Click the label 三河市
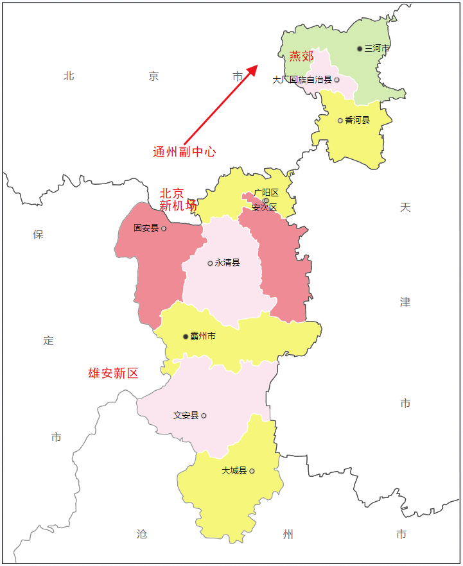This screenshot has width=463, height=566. [377, 49]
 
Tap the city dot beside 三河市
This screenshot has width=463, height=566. [360, 49]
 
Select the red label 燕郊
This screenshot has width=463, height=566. [301, 56]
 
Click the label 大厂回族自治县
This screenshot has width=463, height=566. [302, 80]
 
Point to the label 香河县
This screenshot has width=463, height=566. [357, 120]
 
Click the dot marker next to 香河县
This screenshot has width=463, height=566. [340, 120]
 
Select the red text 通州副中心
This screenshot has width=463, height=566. [184, 152]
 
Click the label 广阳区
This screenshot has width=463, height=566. [266, 193]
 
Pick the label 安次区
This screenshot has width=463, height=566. [264, 207]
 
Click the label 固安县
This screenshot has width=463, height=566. [146, 228]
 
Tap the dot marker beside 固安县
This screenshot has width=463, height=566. [164, 228]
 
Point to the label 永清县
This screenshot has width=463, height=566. [227, 262]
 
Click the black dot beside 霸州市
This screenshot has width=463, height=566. [186, 336]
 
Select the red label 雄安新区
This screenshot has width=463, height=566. [113, 373]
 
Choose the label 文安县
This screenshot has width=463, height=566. [186, 415]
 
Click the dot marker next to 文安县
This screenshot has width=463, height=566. [204, 416]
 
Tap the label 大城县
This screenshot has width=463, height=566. [234, 470]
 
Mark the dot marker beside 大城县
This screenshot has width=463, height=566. [252, 471]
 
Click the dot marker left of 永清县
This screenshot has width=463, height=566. [210, 263]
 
